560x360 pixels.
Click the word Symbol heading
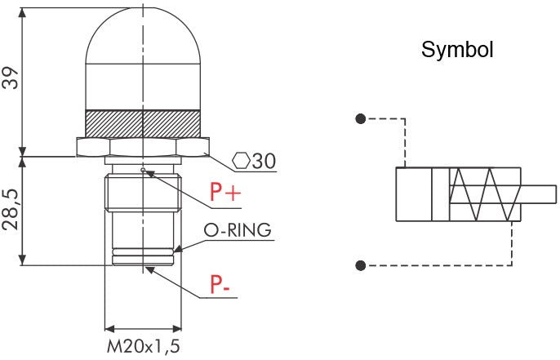click(x=457, y=51)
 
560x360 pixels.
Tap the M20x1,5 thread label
click(x=143, y=346)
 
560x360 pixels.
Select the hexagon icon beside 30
click(x=242, y=161)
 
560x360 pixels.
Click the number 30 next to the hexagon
click(x=264, y=161)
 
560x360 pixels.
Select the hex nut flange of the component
click(x=143, y=147)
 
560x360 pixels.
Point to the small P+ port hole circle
click(x=143, y=171)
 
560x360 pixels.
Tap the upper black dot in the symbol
click(x=360, y=118)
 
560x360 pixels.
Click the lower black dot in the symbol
click(x=360, y=264)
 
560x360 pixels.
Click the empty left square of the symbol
click(x=414, y=194)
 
